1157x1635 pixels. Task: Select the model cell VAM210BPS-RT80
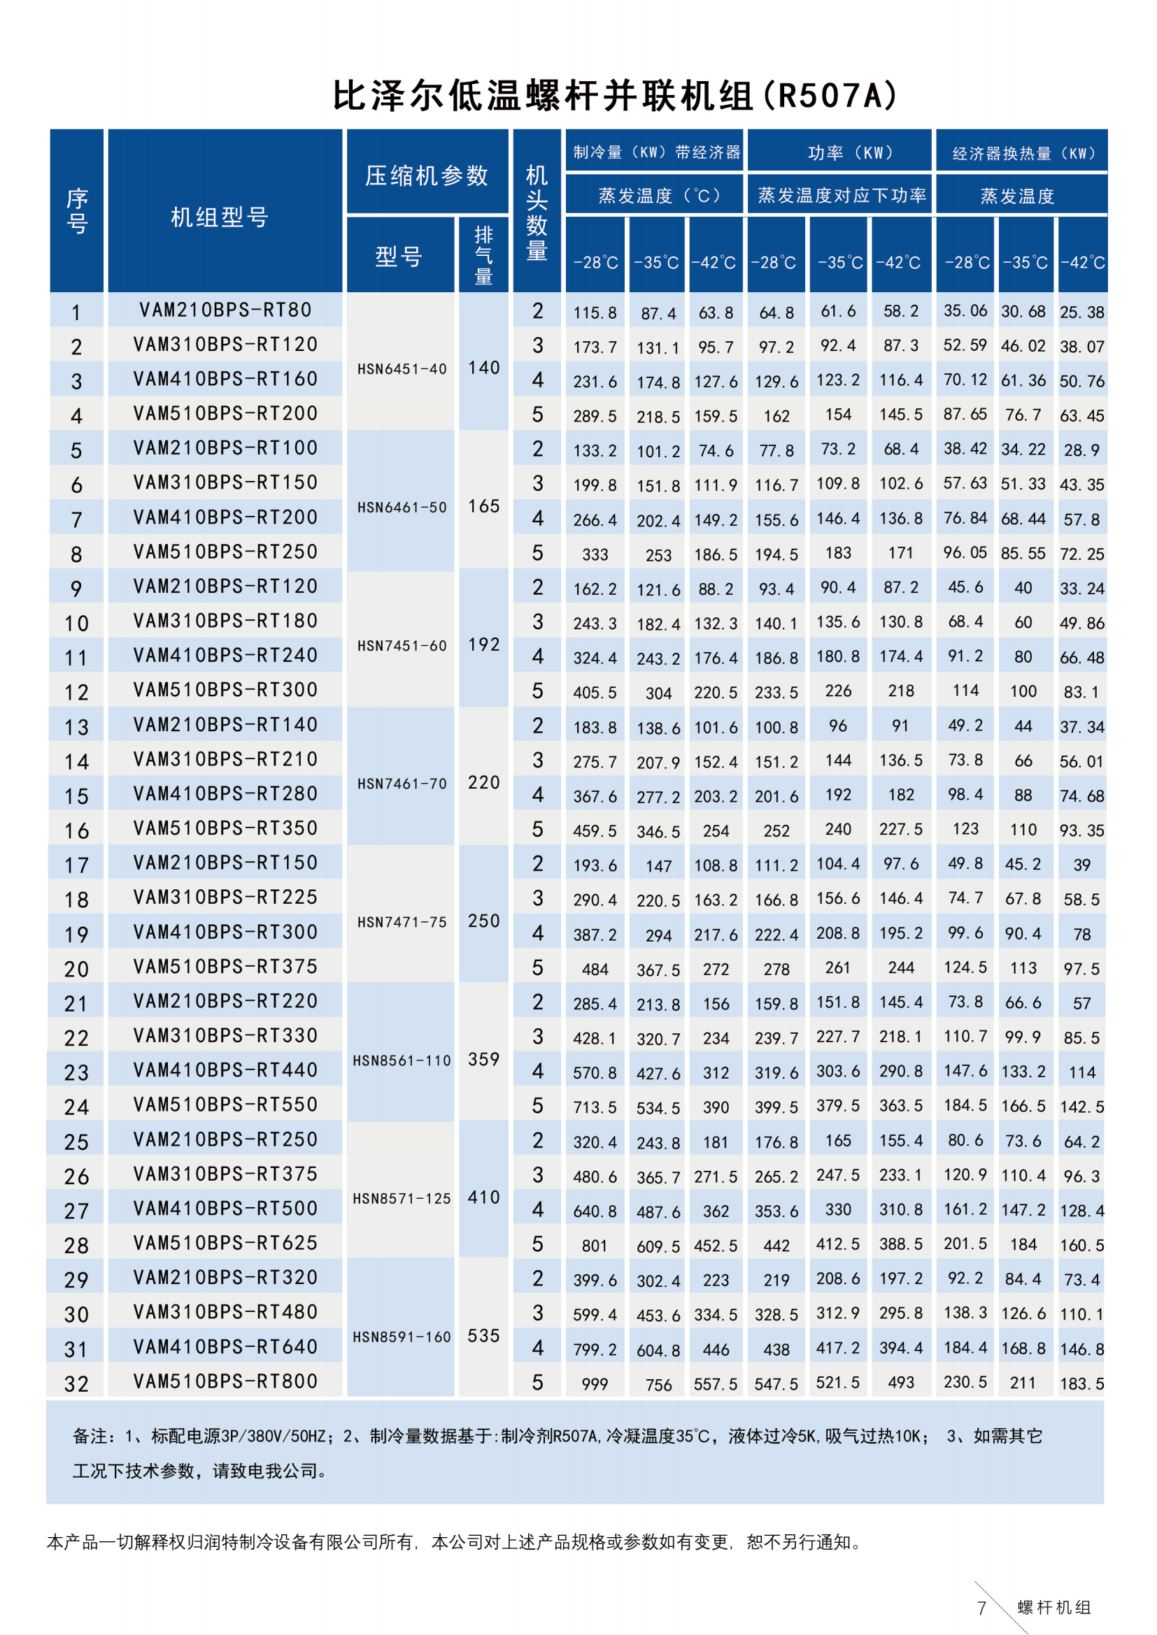coord(225,310)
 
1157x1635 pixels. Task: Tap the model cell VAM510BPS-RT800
coord(225,1381)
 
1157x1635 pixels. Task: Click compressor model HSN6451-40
coord(402,369)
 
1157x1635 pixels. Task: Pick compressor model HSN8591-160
coord(402,1337)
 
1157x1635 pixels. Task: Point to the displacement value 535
coord(484,1336)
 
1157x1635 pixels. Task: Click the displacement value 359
coord(484,1060)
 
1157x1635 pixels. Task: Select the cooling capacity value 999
coord(594,1383)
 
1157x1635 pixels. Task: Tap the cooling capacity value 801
coord(594,1246)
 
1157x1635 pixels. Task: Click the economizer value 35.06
coord(965,311)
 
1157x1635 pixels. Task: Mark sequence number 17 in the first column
coord(76,865)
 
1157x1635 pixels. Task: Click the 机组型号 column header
coord(220,217)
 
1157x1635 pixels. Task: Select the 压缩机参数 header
coord(427,175)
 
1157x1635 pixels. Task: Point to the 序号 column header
coord(77,211)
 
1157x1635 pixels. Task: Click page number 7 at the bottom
coord(981,1608)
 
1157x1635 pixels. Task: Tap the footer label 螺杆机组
coord(1053,1607)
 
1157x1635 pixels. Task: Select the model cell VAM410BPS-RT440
coord(225,1070)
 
